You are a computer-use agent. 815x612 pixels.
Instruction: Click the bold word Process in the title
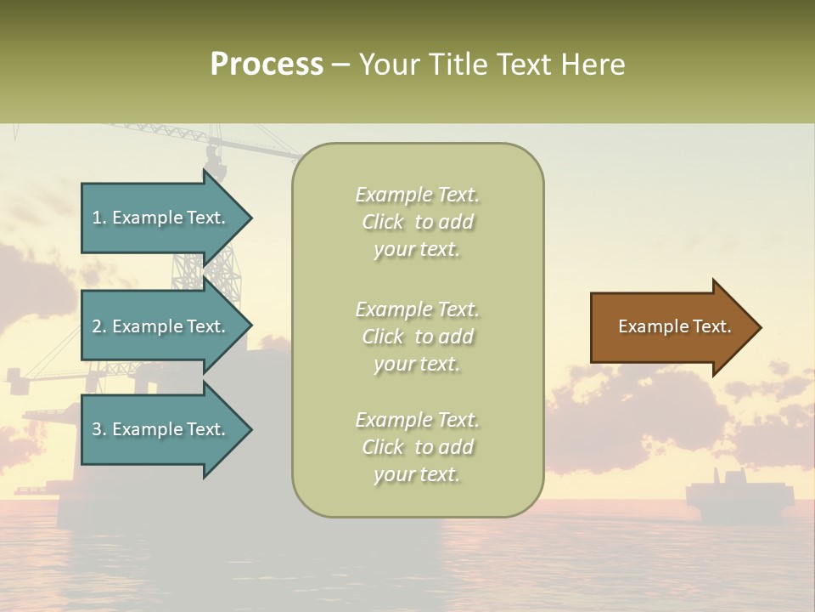267,65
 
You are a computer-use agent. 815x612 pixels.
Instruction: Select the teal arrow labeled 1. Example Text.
161,218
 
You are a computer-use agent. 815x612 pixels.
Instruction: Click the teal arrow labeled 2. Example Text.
161,326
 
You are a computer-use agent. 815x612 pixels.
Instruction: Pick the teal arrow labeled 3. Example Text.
161,429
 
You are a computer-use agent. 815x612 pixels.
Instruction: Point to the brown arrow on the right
671,327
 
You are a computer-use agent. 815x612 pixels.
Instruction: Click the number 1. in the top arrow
99,218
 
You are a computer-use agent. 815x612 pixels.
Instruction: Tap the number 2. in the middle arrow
99,326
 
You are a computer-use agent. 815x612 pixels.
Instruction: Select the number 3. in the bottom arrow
99,429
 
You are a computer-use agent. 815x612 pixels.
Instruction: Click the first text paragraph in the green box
417,222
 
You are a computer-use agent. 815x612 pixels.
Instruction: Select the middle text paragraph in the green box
417,336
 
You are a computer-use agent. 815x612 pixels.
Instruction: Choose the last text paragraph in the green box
417,447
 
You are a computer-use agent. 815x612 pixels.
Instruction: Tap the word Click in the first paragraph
383,222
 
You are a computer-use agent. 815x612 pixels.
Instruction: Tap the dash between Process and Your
341,65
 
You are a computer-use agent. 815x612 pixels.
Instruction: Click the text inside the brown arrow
674,326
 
